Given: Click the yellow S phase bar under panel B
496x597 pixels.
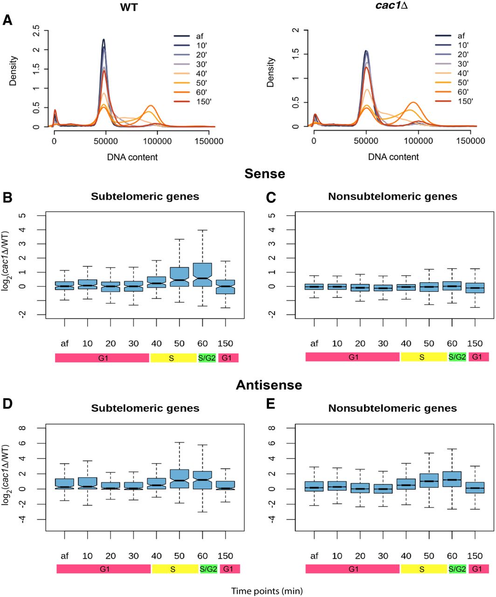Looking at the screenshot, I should pyautogui.click(x=173, y=358).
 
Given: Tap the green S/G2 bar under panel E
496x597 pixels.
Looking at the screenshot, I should pyautogui.click(x=457, y=569).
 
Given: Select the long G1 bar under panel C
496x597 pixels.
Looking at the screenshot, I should pyautogui.click(x=353, y=357).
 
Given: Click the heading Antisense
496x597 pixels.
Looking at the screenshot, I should pyautogui.click(x=269, y=385).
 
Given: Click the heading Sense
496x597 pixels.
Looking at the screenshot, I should pyautogui.click(x=265, y=174).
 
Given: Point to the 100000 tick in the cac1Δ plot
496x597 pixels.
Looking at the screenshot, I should pyautogui.click(x=418, y=141).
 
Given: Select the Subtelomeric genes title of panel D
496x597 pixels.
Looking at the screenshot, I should pyautogui.click(x=145, y=409).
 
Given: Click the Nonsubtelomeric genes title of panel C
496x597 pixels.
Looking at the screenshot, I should pyautogui.click(x=393, y=197).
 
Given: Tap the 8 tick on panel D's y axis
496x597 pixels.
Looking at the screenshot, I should pyautogui.click(x=36, y=428).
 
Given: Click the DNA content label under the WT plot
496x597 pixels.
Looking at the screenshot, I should pyautogui.click(x=132, y=157).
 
